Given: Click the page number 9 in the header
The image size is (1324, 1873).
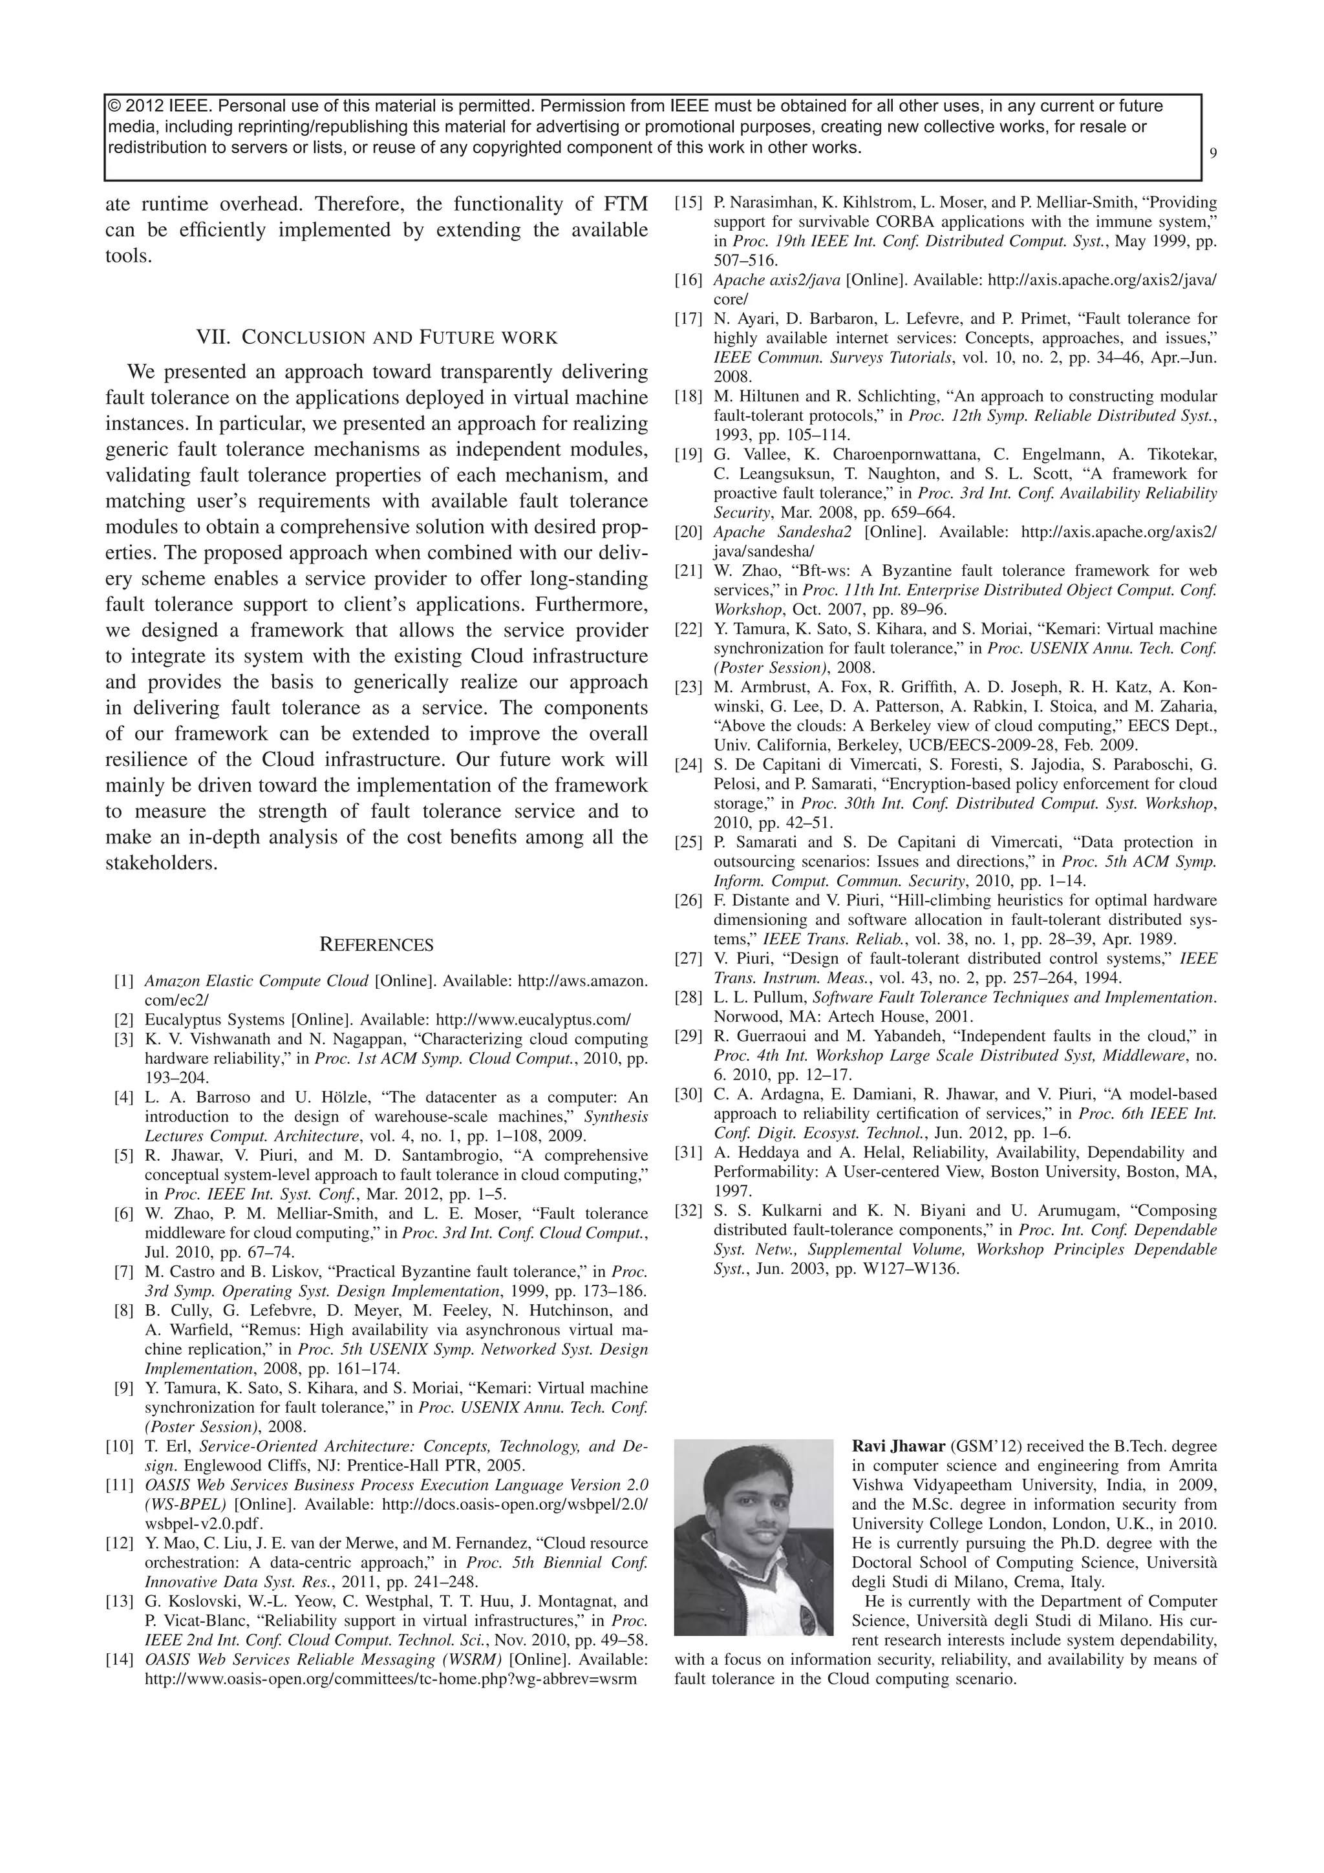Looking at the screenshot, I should pos(1213,153).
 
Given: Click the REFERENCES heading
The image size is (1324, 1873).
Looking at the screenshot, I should pos(376,945).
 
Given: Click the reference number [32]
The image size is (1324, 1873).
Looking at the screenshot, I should pos(689,1211).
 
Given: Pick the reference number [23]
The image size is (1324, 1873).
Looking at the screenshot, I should pos(689,687).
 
